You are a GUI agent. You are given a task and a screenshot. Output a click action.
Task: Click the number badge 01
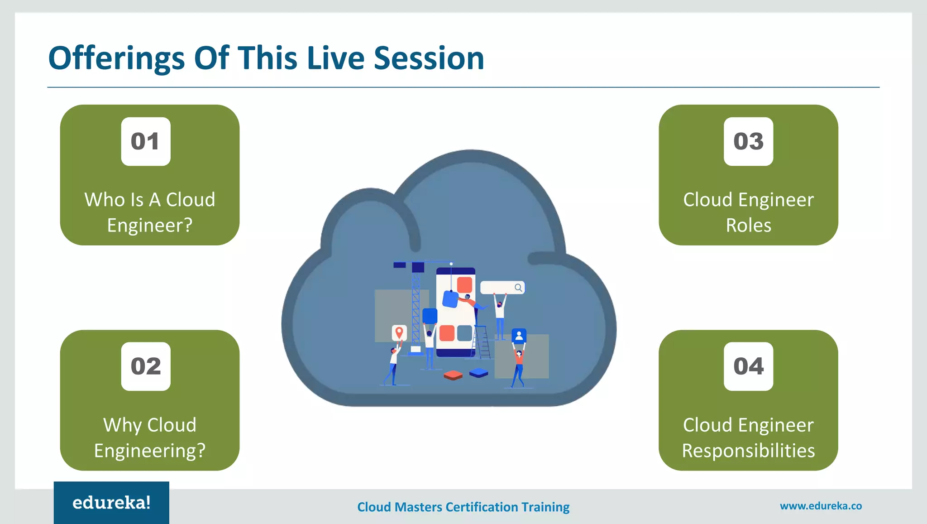click(x=146, y=141)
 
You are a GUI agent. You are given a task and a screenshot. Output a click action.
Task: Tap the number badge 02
click(x=146, y=366)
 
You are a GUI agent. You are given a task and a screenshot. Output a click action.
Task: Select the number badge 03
click(x=748, y=141)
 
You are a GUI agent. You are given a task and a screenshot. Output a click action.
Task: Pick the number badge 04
click(x=748, y=366)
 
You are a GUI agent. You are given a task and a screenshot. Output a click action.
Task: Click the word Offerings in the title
click(x=116, y=59)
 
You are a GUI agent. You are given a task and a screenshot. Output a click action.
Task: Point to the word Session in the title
click(x=429, y=59)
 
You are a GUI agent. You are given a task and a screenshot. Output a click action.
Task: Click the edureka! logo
click(x=111, y=503)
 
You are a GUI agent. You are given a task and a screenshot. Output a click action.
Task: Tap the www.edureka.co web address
click(x=821, y=506)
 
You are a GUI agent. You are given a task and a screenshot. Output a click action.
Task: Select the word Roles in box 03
click(x=748, y=226)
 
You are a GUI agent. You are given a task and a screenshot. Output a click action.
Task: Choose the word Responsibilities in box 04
click(x=748, y=451)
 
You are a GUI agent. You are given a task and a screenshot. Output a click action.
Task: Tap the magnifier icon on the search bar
click(x=518, y=288)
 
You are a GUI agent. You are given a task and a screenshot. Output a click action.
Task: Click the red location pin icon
click(x=399, y=333)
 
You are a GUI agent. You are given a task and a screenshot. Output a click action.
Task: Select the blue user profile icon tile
click(x=519, y=336)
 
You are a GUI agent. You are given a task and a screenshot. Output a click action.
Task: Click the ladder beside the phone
click(x=482, y=342)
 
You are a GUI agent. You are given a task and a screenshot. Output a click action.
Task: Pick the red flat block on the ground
click(x=453, y=375)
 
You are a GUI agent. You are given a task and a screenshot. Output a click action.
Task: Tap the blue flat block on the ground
click(x=479, y=373)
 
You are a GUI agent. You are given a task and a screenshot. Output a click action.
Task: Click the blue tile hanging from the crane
click(x=450, y=299)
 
